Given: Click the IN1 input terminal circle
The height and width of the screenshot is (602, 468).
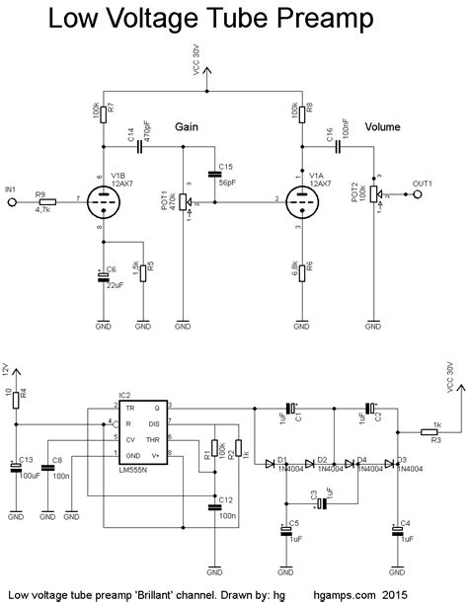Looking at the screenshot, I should click(12, 201).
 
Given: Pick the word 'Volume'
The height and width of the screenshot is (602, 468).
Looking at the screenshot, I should click(382, 127).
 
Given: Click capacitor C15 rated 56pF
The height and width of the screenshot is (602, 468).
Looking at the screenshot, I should click(216, 174).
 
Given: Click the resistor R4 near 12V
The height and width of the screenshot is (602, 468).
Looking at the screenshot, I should click(15, 398).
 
